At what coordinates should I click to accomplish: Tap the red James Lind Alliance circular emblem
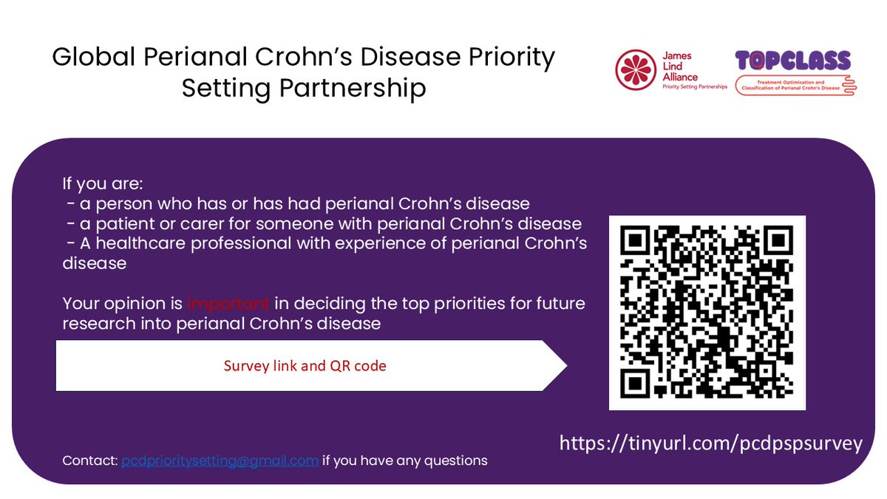(636, 70)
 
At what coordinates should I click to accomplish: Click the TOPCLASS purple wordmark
(792, 61)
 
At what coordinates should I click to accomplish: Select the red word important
(228, 304)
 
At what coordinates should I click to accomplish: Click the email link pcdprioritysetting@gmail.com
(220, 461)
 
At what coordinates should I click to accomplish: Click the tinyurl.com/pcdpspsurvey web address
(710, 443)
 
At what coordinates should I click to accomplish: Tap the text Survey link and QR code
(305, 366)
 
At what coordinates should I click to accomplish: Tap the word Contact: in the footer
(89, 461)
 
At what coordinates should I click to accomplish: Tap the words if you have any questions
(404, 461)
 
